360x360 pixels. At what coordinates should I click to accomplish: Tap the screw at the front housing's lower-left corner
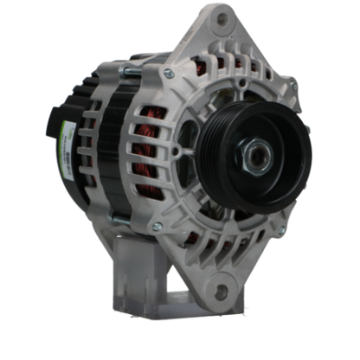pos(157,227)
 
